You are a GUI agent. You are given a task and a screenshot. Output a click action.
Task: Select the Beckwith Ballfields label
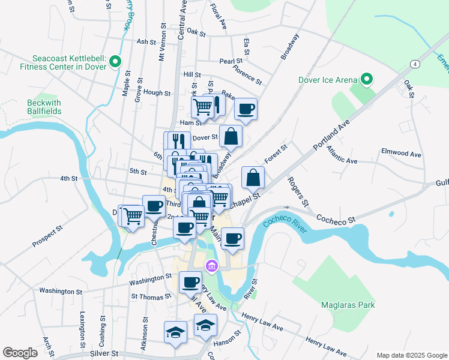click(44, 107)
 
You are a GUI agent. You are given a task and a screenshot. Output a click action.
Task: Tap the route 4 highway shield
click(414, 64)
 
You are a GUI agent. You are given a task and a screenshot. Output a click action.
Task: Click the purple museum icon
click(211, 266)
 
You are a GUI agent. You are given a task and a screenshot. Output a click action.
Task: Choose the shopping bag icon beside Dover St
click(231, 137)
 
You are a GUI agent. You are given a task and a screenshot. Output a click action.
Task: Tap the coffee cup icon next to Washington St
click(191, 282)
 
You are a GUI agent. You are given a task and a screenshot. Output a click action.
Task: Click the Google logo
click(20, 353)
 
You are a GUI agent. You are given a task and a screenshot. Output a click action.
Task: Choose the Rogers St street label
click(297, 190)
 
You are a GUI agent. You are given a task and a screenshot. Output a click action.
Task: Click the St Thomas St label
click(147, 296)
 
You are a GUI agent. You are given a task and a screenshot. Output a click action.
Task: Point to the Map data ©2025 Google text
click(411, 355)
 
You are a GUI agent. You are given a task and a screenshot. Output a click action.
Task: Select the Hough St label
click(157, 93)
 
